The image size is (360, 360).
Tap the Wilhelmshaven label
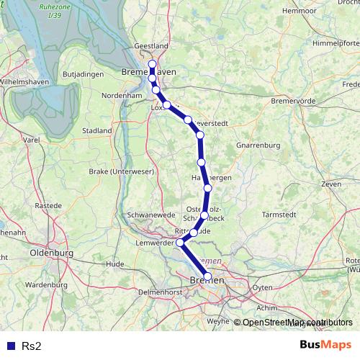(23, 82)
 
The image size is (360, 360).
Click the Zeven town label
(331, 184)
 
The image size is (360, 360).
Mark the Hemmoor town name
(300, 11)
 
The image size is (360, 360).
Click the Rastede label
(48, 205)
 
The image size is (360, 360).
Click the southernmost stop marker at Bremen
(208, 276)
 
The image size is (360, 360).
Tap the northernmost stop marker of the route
(152, 64)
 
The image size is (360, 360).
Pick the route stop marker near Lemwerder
(180, 243)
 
